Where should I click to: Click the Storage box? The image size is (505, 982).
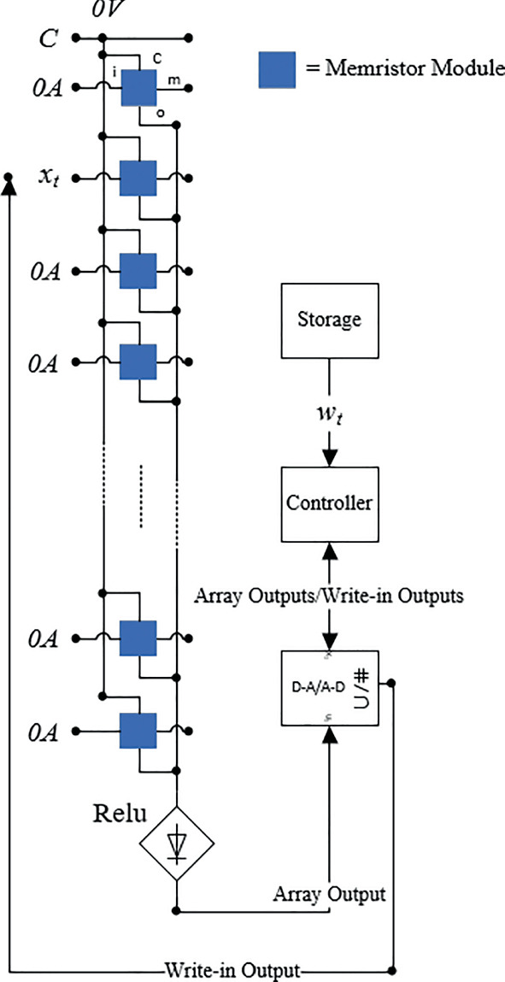click(x=329, y=320)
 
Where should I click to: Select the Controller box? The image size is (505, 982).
click(x=329, y=503)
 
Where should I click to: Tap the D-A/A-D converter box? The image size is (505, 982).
click(x=329, y=687)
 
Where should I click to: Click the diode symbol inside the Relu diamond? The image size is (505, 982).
click(x=177, y=844)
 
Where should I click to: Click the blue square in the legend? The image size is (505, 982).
click(x=280, y=68)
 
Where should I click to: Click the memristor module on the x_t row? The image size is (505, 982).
click(x=138, y=179)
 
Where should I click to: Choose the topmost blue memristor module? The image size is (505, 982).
click(x=138, y=86)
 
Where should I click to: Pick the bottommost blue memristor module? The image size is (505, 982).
click(x=138, y=731)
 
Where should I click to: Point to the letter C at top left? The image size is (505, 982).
click(x=49, y=38)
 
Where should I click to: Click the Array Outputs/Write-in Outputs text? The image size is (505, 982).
click(x=329, y=596)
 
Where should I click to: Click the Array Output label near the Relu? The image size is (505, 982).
click(x=329, y=895)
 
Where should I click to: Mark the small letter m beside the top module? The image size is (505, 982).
click(x=173, y=79)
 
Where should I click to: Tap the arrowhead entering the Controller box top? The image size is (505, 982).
click(x=329, y=457)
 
